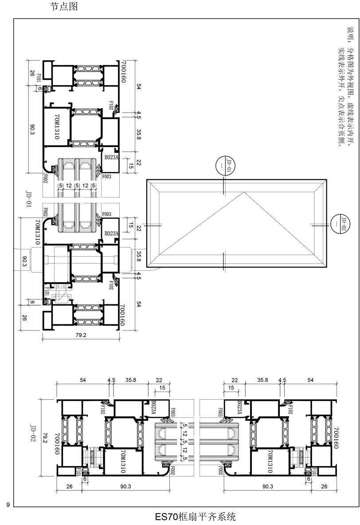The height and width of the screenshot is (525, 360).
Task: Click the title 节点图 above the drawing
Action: point(65,7)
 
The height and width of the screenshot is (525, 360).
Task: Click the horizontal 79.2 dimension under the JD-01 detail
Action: point(81,335)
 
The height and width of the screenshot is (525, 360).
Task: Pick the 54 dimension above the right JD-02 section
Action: point(310,380)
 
